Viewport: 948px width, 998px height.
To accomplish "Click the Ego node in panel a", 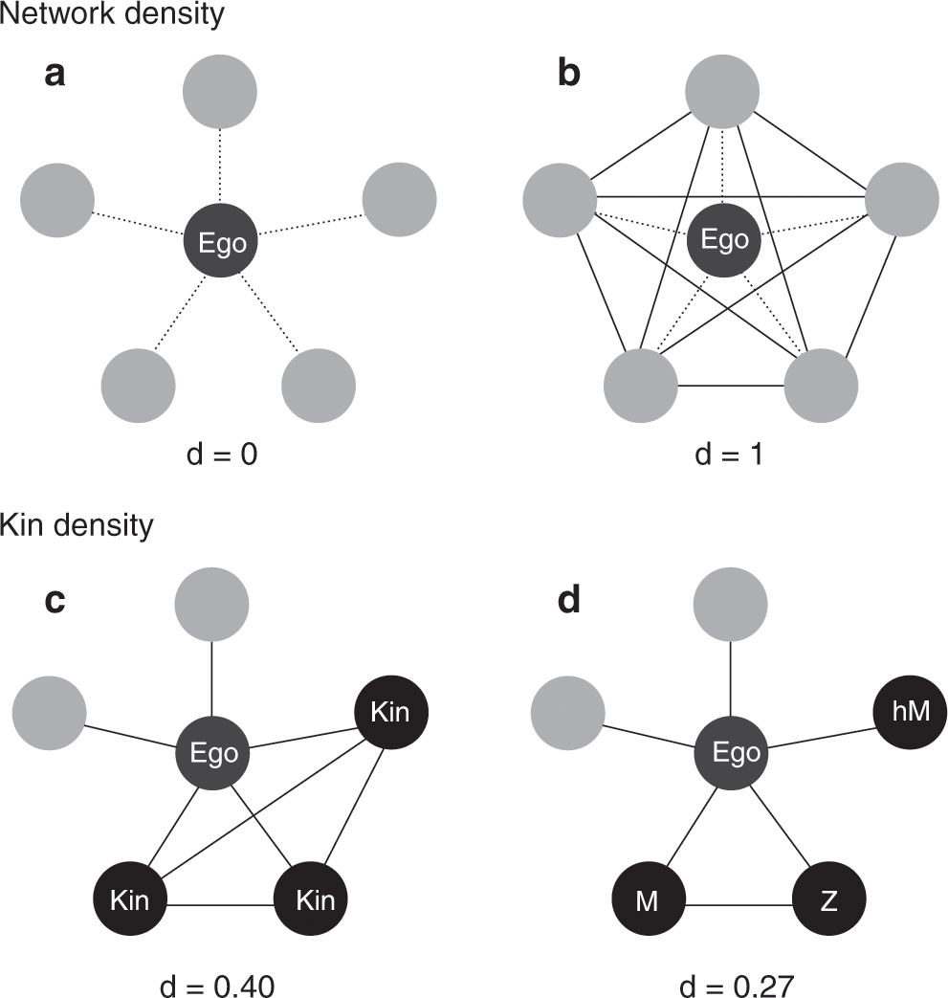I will (221, 243).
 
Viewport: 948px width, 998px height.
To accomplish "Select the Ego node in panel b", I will (724, 238).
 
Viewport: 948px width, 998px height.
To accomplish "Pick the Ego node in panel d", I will (733, 753).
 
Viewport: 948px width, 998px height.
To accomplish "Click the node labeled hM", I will (910, 711).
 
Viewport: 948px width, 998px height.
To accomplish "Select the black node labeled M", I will (647, 901).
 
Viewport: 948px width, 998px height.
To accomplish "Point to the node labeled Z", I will (828, 901).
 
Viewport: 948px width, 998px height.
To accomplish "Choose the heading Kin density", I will (77, 525).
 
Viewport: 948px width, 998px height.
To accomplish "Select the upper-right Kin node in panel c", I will (392, 712).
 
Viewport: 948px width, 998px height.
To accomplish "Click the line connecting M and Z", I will (737, 902).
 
